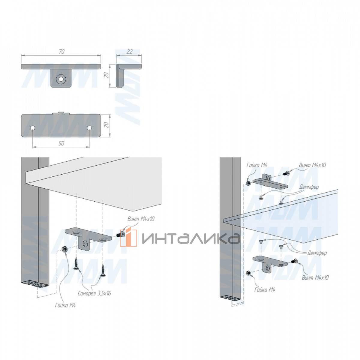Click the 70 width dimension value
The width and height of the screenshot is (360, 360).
tap(61, 52)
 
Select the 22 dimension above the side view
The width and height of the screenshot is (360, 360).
tap(129, 52)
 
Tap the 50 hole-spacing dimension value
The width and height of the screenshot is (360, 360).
tap(61, 143)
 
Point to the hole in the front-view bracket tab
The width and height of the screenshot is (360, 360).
tap(61, 79)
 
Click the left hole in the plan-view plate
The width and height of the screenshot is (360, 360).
tap(33, 128)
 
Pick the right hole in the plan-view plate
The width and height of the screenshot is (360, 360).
tap(89, 128)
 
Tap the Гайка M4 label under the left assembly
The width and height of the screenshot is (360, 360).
tap(65, 305)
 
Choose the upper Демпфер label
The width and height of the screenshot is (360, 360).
tap(309, 187)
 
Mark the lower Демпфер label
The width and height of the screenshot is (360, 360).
tap(317, 253)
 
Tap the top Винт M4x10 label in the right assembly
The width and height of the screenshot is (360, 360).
tap(312, 165)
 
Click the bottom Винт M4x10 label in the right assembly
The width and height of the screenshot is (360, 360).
tap(315, 277)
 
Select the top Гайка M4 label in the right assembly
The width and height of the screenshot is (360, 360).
tap(257, 165)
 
